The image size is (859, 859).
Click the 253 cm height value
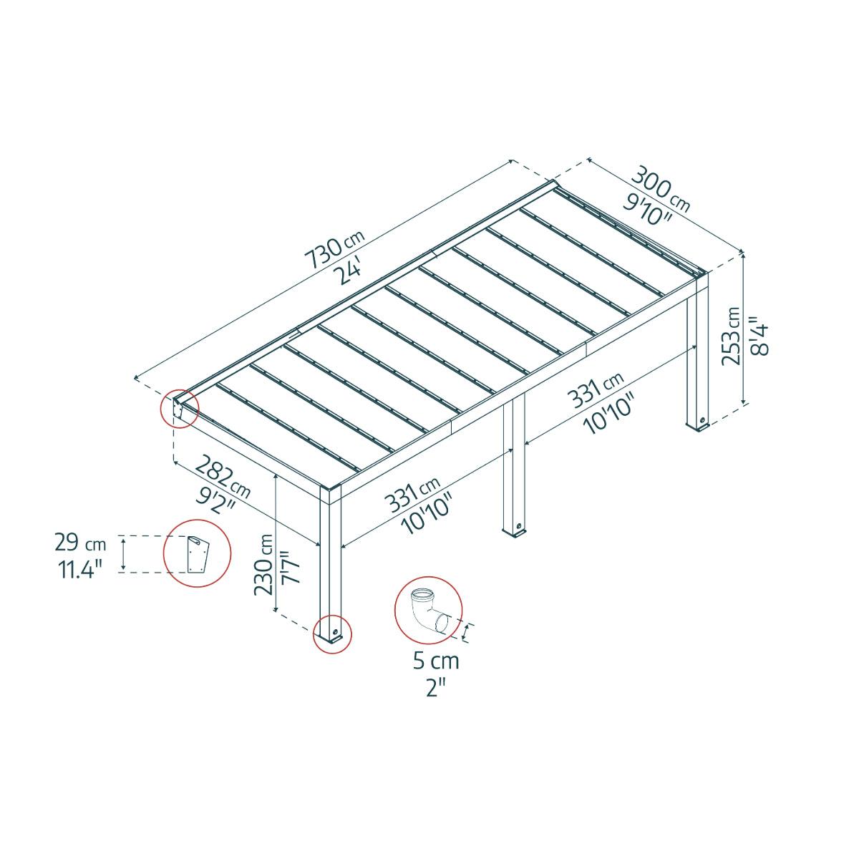732,336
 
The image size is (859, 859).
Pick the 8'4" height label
760,336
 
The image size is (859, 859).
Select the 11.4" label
79,568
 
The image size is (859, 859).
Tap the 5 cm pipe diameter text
436,661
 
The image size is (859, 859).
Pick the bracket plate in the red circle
196,553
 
